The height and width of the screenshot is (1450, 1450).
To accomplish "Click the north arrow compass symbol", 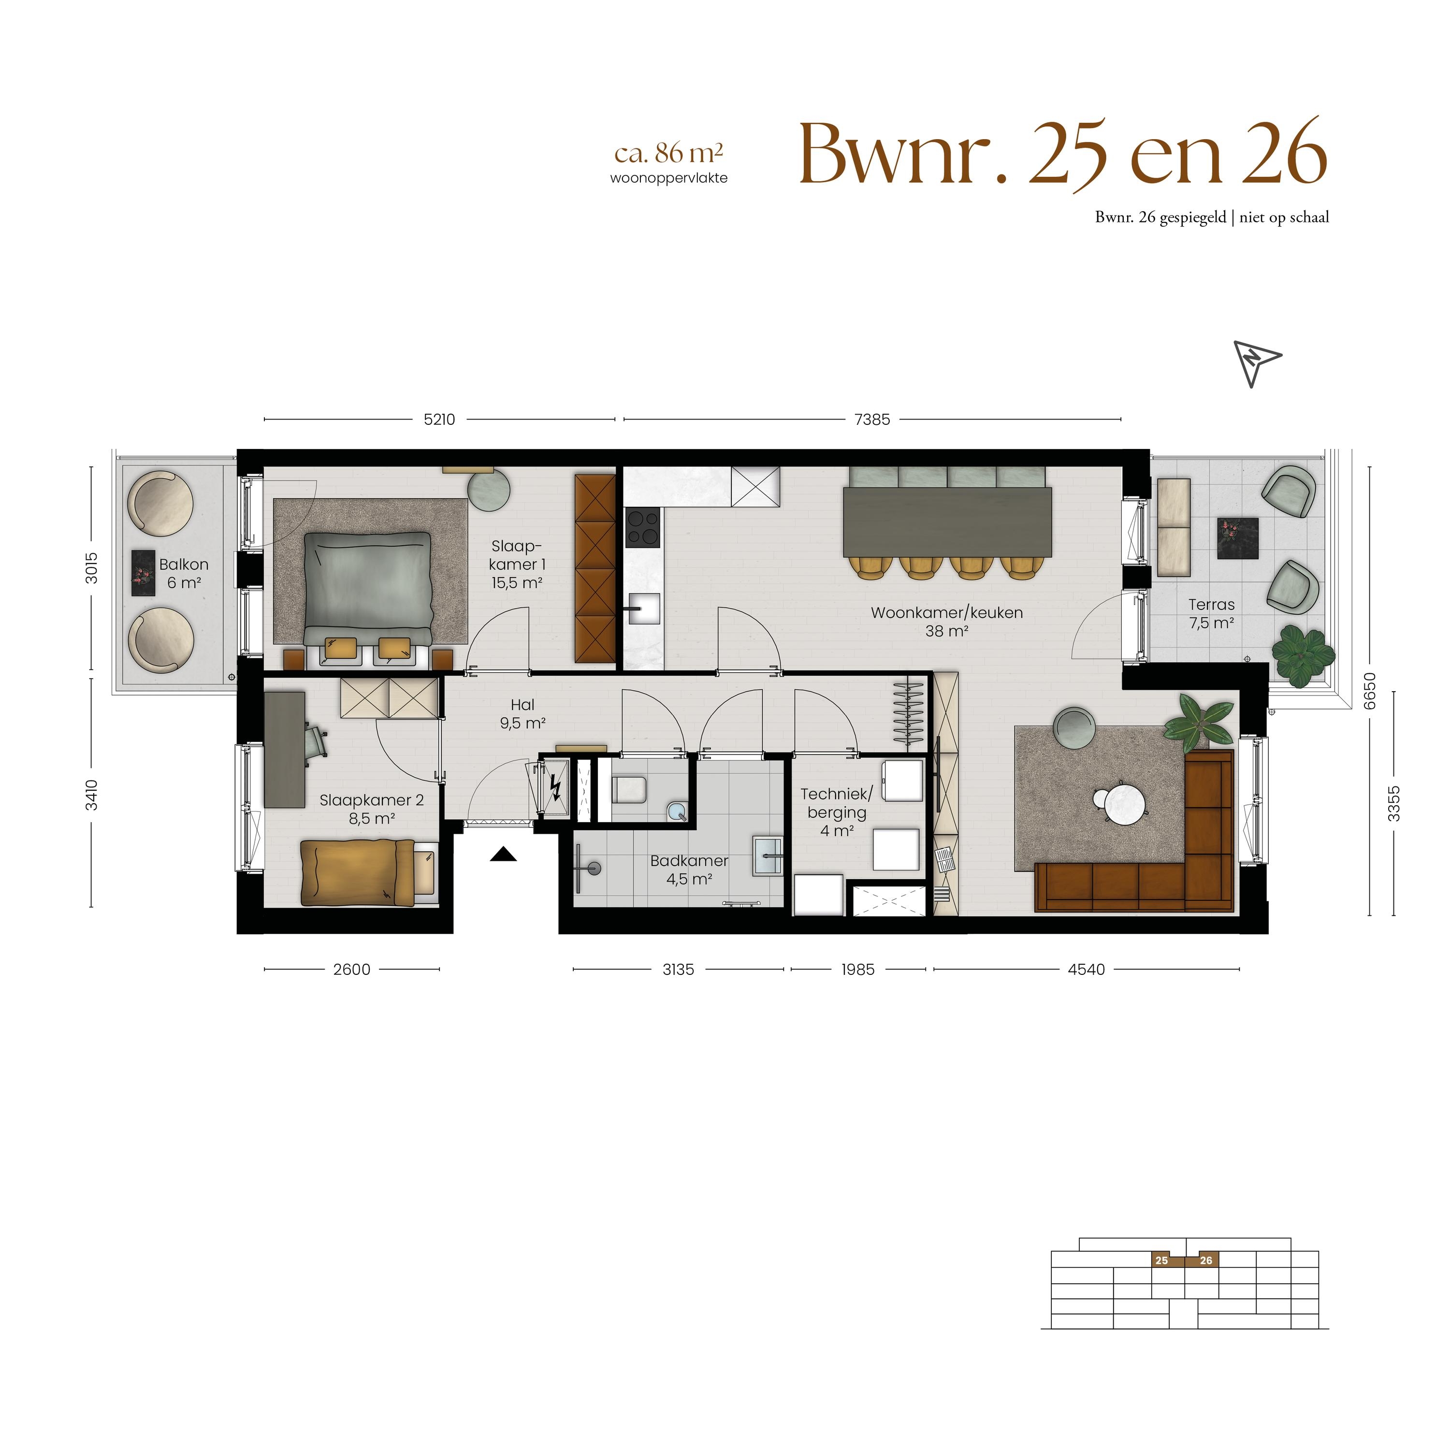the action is click(1256, 364).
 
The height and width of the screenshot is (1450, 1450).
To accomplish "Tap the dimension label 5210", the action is click(439, 420).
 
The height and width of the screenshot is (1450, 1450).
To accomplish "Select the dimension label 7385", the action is click(872, 420).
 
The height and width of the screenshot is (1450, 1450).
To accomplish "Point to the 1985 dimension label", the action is click(858, 970).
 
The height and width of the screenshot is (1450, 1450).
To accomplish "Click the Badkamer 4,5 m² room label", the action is click(689, 870).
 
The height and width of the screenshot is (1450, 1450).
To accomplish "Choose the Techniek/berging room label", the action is click(837, 812).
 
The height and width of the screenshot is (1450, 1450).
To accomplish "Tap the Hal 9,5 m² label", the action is click(522, 714).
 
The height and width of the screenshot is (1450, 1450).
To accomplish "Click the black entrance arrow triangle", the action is click(504, 854).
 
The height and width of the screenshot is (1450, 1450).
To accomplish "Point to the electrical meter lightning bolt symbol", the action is click(556, 787).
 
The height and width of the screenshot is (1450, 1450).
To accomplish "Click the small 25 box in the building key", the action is click(1162, 1260).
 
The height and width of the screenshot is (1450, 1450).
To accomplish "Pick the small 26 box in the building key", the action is click(1206, 1260).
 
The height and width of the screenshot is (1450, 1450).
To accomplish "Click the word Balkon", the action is click(184, 565).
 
